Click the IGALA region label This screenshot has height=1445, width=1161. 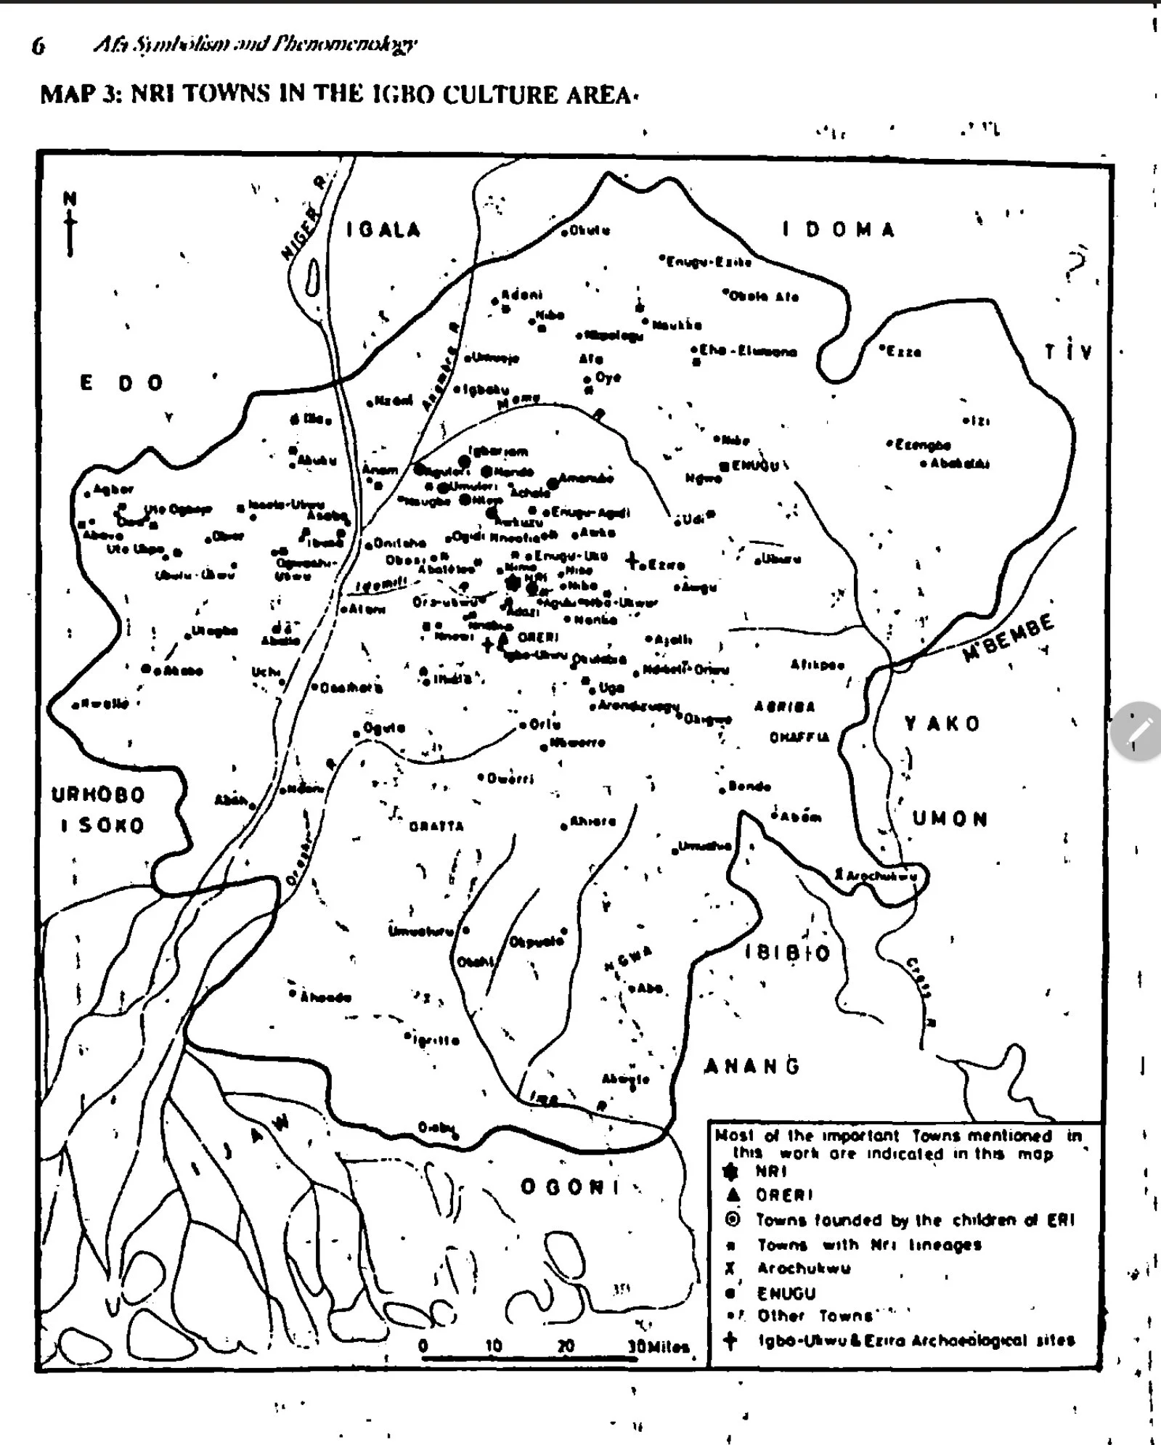(x=383, y=230)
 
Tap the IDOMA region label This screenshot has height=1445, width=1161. (x=839, y=230)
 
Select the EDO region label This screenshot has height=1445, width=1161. (x=121, y=383)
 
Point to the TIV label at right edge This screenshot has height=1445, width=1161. (x=1069, y=352)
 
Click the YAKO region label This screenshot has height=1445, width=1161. (x=942, y=723)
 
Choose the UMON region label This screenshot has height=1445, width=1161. (x=950, y=819)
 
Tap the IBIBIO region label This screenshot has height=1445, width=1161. (x=788, y=953)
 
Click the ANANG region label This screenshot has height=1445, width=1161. (x=752, y=1066)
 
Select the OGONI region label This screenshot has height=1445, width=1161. (x=571, y=1186)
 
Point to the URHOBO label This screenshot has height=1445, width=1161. (x=98, y=794)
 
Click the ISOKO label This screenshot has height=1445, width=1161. (x=102, y=826)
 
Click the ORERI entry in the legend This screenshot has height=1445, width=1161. (x=784, y=1194)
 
